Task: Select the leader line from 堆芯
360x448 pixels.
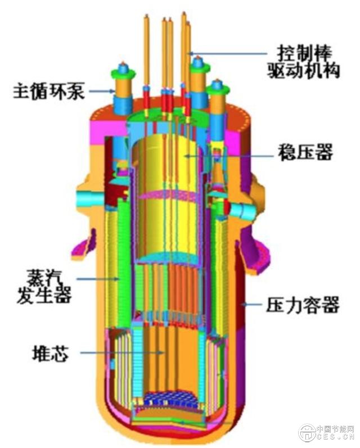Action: coord(121,353)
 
